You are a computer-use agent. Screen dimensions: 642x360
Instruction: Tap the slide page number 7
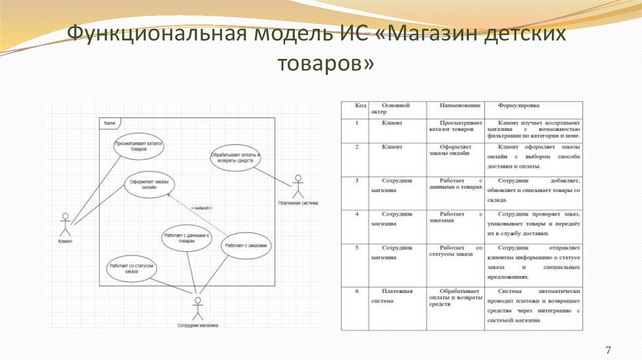click(x=608, y=349)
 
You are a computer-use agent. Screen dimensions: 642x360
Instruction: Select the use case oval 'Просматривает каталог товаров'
click(x=139, y=147)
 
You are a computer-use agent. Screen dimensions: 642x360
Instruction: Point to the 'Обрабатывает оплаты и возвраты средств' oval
click(x=235, y=157)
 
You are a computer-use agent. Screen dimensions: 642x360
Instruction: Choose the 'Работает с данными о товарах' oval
click(x=186, y=240)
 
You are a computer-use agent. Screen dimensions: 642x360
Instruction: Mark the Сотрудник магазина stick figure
click(x=197, y=310)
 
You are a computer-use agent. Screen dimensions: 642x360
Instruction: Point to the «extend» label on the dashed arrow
click(x=203, y=208)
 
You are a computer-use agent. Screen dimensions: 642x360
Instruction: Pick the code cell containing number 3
click(x=357, y=181)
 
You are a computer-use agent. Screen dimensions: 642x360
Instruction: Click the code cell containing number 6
click(x=357, y=291)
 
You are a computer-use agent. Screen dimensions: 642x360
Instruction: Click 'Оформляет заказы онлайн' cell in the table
click(x=456, y=151)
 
